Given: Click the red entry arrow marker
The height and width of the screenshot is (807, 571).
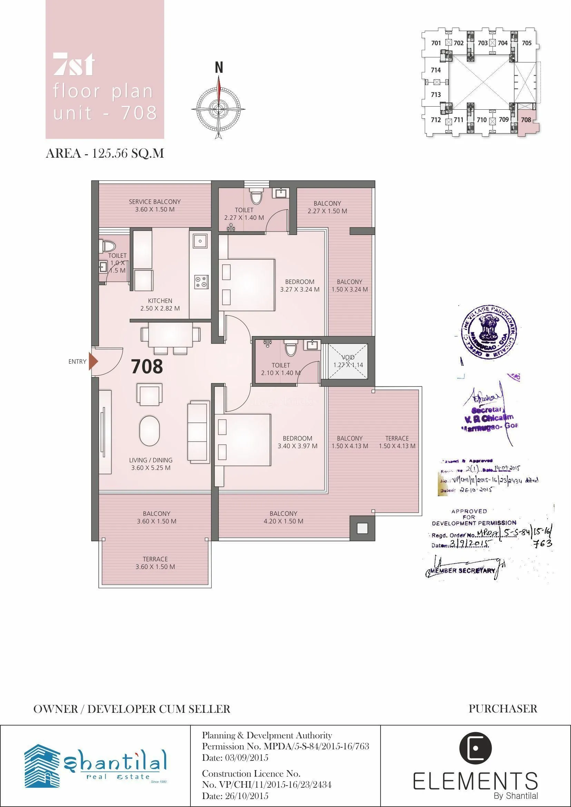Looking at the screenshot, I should [93, 361].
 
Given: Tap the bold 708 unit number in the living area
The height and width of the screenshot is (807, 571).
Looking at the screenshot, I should [147, 366].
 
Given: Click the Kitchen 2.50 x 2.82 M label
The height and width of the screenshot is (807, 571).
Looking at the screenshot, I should [160, 305].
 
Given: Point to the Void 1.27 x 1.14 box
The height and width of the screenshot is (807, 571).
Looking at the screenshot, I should [348, 361].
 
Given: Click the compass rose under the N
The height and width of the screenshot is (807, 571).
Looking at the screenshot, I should [219, 106].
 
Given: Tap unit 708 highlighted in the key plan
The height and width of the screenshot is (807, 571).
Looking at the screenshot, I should [526, 120].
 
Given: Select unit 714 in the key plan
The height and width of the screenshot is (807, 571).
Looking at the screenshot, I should [436, 70].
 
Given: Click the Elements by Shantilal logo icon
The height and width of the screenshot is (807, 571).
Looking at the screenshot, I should [475, 748].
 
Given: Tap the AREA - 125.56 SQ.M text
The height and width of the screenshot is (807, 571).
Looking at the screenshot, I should [105, 154].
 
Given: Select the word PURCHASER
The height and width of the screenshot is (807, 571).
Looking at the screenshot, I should [503, 708].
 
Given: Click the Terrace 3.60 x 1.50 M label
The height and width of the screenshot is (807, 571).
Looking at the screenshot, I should [155, 563].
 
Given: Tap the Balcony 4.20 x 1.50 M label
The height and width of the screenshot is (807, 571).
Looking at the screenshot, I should [283, 517].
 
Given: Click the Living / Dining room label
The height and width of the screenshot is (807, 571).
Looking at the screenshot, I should [151, 464].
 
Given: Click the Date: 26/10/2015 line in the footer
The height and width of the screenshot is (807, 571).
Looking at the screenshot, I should [235, 795].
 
